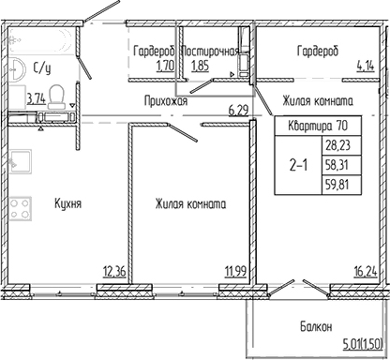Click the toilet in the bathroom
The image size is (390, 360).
(57, 95)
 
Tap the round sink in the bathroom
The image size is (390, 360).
(19, 67)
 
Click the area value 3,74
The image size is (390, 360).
(36, 97)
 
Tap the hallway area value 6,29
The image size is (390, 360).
(239, 110)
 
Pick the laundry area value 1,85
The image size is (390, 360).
(198, 66)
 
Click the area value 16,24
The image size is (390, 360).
(366, 272)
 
